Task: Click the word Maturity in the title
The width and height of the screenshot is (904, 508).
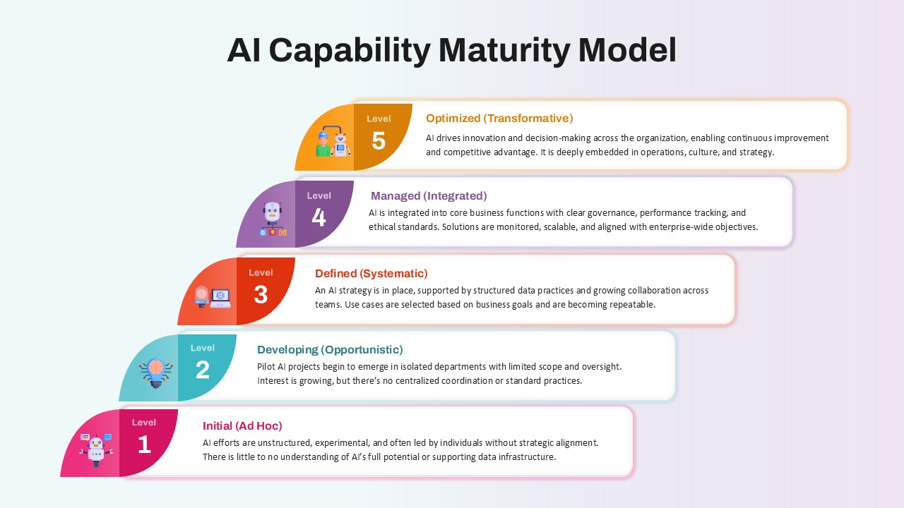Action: [x=504, y=51]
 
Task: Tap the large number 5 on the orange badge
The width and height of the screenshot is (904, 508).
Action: [x=379, y=140]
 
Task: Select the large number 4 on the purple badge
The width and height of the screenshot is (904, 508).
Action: [x=319, y=217]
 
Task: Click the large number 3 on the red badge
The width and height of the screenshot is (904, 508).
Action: [x=261, y=294]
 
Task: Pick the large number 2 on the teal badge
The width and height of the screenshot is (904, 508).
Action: [x=203, y=370]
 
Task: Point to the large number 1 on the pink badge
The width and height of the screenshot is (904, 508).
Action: [x=144, y=445]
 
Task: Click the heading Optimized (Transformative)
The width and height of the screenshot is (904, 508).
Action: [x=499, y=118]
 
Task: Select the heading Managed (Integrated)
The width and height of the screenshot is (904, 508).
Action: [x=429, y=196]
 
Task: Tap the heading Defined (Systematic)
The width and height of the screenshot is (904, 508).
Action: [x=371, y=273]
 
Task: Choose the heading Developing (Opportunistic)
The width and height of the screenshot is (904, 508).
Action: [x=330, y=349]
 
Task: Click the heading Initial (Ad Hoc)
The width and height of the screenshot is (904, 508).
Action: [x=242, y=425]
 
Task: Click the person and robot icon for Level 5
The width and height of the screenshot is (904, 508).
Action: [x=333, y=141]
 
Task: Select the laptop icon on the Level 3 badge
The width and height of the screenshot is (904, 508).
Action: [x=221, y=298]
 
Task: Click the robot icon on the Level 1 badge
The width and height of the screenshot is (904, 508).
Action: [x=96, y=450]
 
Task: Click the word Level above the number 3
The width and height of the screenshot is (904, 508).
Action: [x=261, y=272]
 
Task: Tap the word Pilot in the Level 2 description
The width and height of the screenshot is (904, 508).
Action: [x=266, y=366]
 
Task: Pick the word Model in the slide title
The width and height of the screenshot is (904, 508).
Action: [x=627, y=51]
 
